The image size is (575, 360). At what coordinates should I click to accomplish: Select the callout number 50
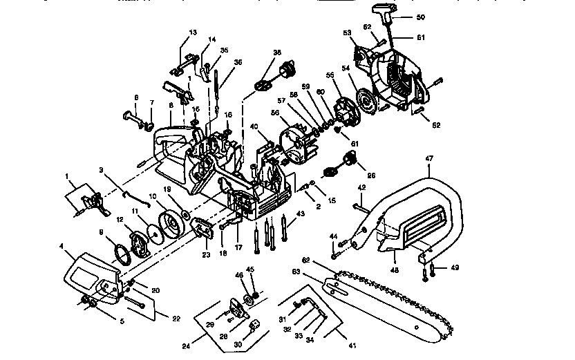tap(421, 15)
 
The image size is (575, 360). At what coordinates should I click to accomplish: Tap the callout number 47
tap(429, 158)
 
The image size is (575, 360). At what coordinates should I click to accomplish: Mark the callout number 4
tap(62, 245)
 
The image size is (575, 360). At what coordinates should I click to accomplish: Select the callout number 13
tap(193, 32)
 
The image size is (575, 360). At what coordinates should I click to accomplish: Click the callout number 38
tap(277, 53)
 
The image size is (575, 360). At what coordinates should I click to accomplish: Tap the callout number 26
tap(371, 176)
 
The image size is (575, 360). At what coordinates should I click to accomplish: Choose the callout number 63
tap(315, 272)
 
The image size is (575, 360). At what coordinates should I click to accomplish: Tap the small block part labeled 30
tap(254, 325)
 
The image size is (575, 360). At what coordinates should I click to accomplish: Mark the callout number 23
tap(206, 254)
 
